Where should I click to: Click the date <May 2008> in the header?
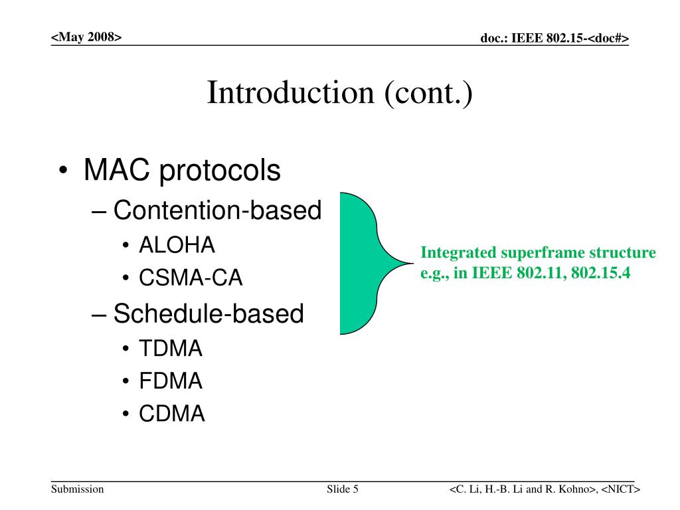tap(86, 37)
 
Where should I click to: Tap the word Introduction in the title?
tap(290, 92)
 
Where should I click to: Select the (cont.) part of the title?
tap(428, 93)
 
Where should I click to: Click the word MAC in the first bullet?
tap(117, 169)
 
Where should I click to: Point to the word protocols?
tap(220, 171)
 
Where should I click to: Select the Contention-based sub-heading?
tap(217, 211)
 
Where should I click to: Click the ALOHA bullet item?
tap(177, 245)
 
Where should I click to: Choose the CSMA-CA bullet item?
tap(191, 278)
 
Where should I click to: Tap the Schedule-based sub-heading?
tap(208, 313)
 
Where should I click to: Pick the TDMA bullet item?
tap(171, 348)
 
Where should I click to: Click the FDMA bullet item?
tap(171, 381)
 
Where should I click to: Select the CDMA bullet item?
tap(172, 413)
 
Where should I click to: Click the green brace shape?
tap(360, 263)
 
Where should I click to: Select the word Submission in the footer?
tap(77, 489)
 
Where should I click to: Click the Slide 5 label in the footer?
tap(343, 489)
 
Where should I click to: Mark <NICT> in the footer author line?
tap(621, 489)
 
